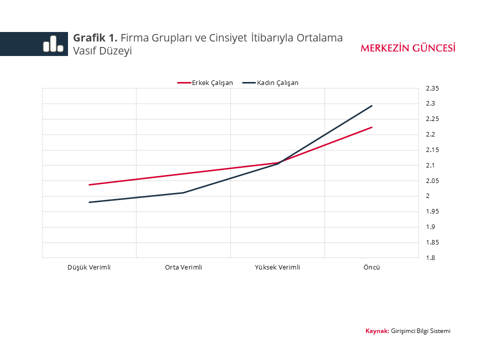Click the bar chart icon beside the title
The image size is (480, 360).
pyautogui.click(x=53, y=44)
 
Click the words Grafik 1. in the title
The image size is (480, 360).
pyautogui.click(x=95, y=37)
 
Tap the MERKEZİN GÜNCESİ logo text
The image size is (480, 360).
pyautogui.click(x=408, y=48)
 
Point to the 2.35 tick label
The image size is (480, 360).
pyautogui.click(x=432, y=88)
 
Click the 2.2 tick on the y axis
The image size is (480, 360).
pyautogui.click(x=430, y=134)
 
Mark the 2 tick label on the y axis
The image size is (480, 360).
pyautogui.click(x=428, y=196)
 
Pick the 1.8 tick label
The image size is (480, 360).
pyautogui.click(x=430, y=258)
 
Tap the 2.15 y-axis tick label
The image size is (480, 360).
pyautogui.click(x=432, y=150)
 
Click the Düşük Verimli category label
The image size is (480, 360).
pyautogui.click(x=89, y=267)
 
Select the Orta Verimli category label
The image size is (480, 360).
pyautogui.click(x=183, y=267)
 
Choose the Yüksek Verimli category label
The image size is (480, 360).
pyautogui.click(x=277, y=267)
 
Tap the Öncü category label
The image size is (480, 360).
pyautogui.click(x=371, y=267)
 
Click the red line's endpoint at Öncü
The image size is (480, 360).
pyautogui.click(x=372, y=127)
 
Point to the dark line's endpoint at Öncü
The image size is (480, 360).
pyautogui.click(x=372, y=106)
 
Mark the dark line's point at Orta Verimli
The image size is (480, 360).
pyautogui.click(x=183, y=192)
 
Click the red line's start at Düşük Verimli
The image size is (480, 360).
pyautogui.click(x=89, y=184)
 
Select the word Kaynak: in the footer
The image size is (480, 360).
pyautogui.click(x=377, y=331)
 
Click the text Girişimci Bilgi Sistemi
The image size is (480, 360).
pyautogui.click(x=420, y=331)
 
